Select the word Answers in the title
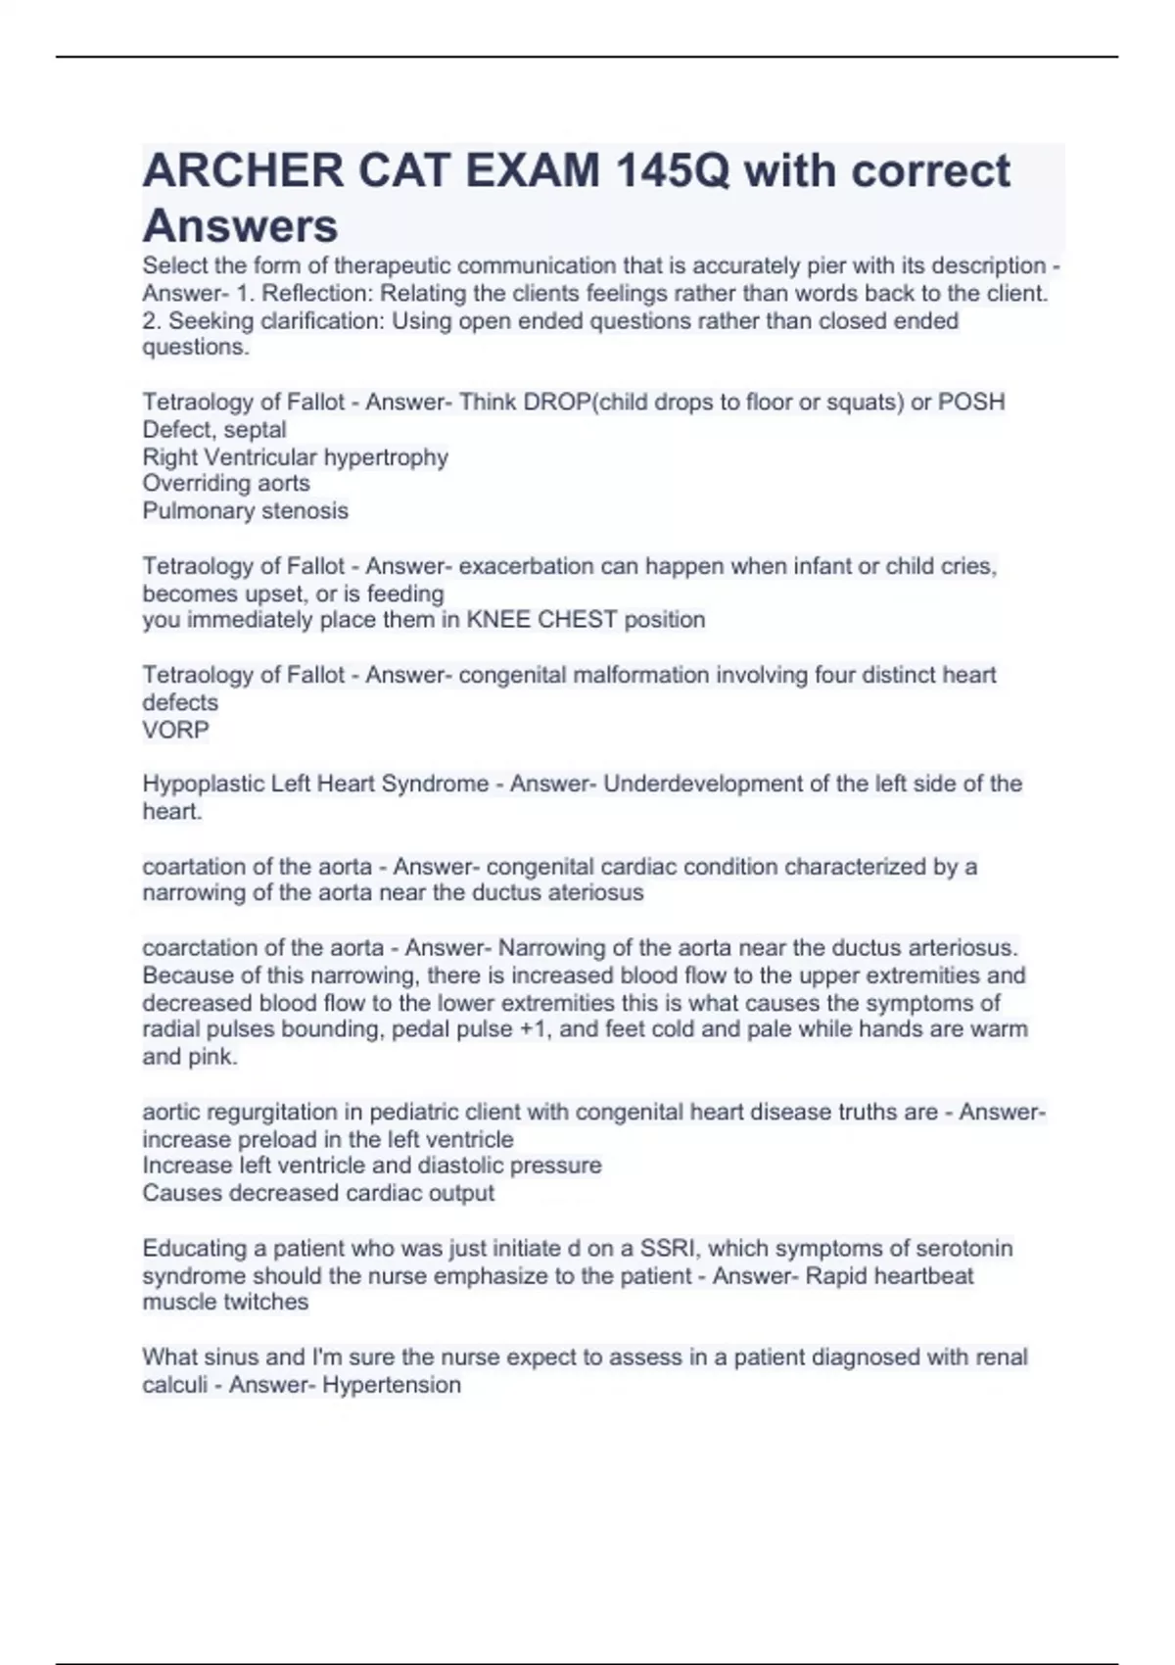click(240, 226)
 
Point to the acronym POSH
click(971, 403)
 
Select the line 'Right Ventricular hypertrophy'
click(295, 457)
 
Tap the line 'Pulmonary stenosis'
click(245, 511)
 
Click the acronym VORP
click(175, 730)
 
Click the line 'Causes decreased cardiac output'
click(318, 1193)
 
